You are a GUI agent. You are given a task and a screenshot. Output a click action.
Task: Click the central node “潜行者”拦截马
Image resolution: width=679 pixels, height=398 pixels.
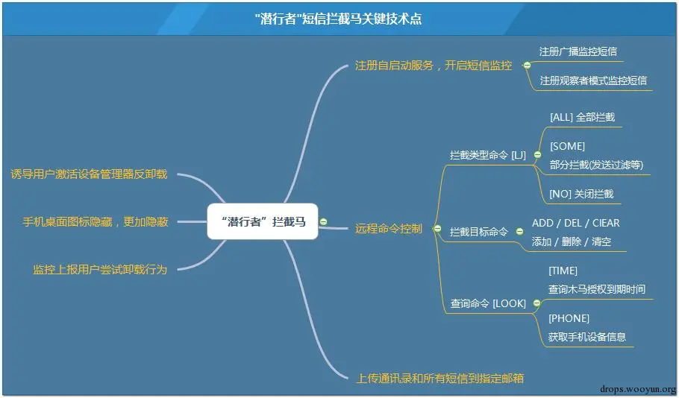263,221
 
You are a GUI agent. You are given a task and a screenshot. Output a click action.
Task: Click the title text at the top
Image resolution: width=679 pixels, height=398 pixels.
338,19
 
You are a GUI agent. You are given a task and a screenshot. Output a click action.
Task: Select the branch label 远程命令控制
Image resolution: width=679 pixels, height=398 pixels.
388,229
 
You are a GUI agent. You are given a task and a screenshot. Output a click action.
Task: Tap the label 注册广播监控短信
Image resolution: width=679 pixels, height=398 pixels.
578,52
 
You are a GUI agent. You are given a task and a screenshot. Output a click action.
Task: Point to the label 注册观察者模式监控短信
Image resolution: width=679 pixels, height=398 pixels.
592,80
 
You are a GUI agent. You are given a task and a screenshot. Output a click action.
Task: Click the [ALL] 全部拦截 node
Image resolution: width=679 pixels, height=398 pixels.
581,117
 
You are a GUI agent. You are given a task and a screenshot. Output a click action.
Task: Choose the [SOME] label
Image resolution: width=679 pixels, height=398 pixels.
566,146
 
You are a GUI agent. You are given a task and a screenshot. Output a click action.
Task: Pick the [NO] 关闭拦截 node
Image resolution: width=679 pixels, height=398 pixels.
581,194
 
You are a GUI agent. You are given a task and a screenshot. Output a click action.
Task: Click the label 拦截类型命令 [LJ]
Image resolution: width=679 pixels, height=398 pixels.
487,156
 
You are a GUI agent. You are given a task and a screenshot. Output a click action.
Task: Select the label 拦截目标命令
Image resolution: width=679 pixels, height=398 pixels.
478,233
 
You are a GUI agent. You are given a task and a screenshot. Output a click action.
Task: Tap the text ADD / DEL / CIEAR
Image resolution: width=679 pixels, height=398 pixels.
575,223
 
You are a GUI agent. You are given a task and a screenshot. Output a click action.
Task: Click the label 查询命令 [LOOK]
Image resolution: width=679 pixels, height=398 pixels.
487,303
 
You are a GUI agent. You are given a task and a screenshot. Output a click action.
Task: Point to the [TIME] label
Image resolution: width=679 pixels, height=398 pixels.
563,271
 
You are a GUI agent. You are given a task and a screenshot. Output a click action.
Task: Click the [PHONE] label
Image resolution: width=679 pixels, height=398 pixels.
569,318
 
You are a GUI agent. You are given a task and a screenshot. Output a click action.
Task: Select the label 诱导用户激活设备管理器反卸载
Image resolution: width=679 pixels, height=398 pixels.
89,174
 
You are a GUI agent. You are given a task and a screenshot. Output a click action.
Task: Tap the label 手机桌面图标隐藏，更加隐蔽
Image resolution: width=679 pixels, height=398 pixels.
95,221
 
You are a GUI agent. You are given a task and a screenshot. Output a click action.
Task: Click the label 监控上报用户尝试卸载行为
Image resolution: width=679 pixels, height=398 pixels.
99,269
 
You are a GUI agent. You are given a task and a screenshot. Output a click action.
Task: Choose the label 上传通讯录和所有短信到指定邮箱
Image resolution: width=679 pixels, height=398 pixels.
440,378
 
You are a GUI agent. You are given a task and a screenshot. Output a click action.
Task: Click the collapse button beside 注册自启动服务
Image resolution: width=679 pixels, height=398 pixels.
527,66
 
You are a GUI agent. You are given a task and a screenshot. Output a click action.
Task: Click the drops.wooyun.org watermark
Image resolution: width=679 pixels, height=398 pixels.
637,388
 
